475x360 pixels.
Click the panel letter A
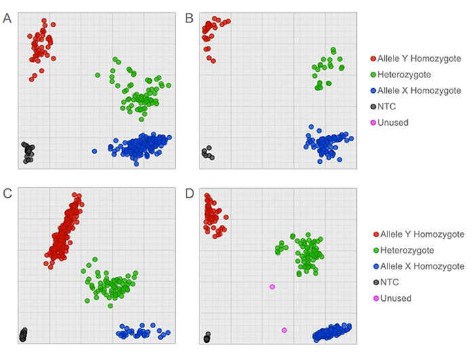[7, 18]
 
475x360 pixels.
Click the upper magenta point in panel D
[272, 287]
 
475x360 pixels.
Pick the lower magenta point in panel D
[284, 330]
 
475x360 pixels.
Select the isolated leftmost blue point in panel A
[94, 151]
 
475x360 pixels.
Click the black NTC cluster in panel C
[24, 334]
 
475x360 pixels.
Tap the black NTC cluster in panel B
[207, 153]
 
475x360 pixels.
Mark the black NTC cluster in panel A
[28, 152]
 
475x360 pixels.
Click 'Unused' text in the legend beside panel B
[395, 122]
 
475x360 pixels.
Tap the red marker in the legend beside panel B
[373, 57]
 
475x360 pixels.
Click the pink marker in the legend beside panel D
[373, 298]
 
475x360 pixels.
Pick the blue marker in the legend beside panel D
[373, 266]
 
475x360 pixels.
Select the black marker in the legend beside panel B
[373, 106]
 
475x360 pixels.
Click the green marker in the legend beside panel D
[373, 250]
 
